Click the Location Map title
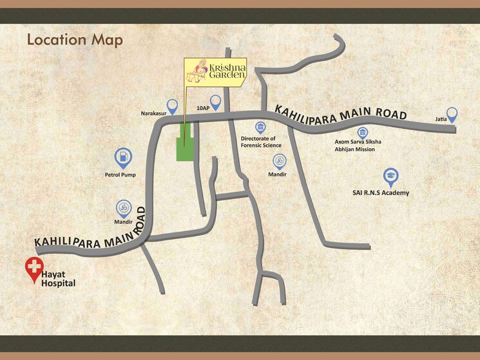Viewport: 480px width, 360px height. point(74,40)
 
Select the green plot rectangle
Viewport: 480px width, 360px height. point(185,149)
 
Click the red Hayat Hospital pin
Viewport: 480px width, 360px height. point(32,270)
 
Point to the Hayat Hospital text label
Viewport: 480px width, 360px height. point(58,279)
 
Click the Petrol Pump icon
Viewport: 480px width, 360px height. point(122,157)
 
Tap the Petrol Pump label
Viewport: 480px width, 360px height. point(120,175)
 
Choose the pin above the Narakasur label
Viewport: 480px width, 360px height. point(172,106)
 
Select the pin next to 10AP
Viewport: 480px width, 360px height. point(215,102)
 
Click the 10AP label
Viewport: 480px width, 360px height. point(203,108)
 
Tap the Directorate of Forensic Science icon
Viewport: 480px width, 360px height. point(260,127)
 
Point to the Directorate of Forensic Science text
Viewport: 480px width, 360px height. point(258,142)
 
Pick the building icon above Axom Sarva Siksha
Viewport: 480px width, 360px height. point(363,132)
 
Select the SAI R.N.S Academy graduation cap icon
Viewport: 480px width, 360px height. point(390,175)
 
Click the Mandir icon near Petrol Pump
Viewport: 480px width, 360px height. point(122,207)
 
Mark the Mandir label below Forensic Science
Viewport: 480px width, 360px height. point(278,175)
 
